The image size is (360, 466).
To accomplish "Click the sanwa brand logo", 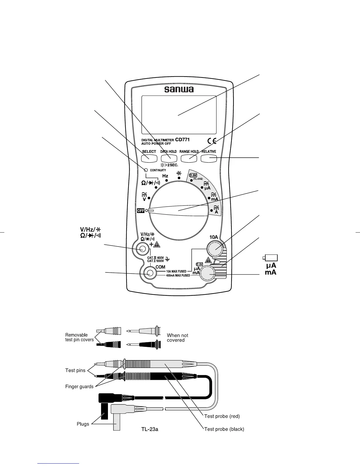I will tap(179, 89).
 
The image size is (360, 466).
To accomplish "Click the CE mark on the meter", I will tap(212, 141).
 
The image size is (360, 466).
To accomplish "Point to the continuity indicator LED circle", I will tap(146, 170).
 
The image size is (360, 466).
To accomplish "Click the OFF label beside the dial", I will tap(141, 210).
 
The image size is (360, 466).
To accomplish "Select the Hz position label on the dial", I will tap(165, 176).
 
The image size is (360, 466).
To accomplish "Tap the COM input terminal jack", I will tap(150, 273).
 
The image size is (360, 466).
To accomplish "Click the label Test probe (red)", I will tap(222, 416).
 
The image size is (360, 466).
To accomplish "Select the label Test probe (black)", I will tap(224, 429).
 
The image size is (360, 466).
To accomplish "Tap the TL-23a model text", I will tap(150, 429).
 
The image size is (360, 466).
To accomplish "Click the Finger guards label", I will tap(79, 387).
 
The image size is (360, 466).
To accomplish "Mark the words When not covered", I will tap(177, 338).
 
